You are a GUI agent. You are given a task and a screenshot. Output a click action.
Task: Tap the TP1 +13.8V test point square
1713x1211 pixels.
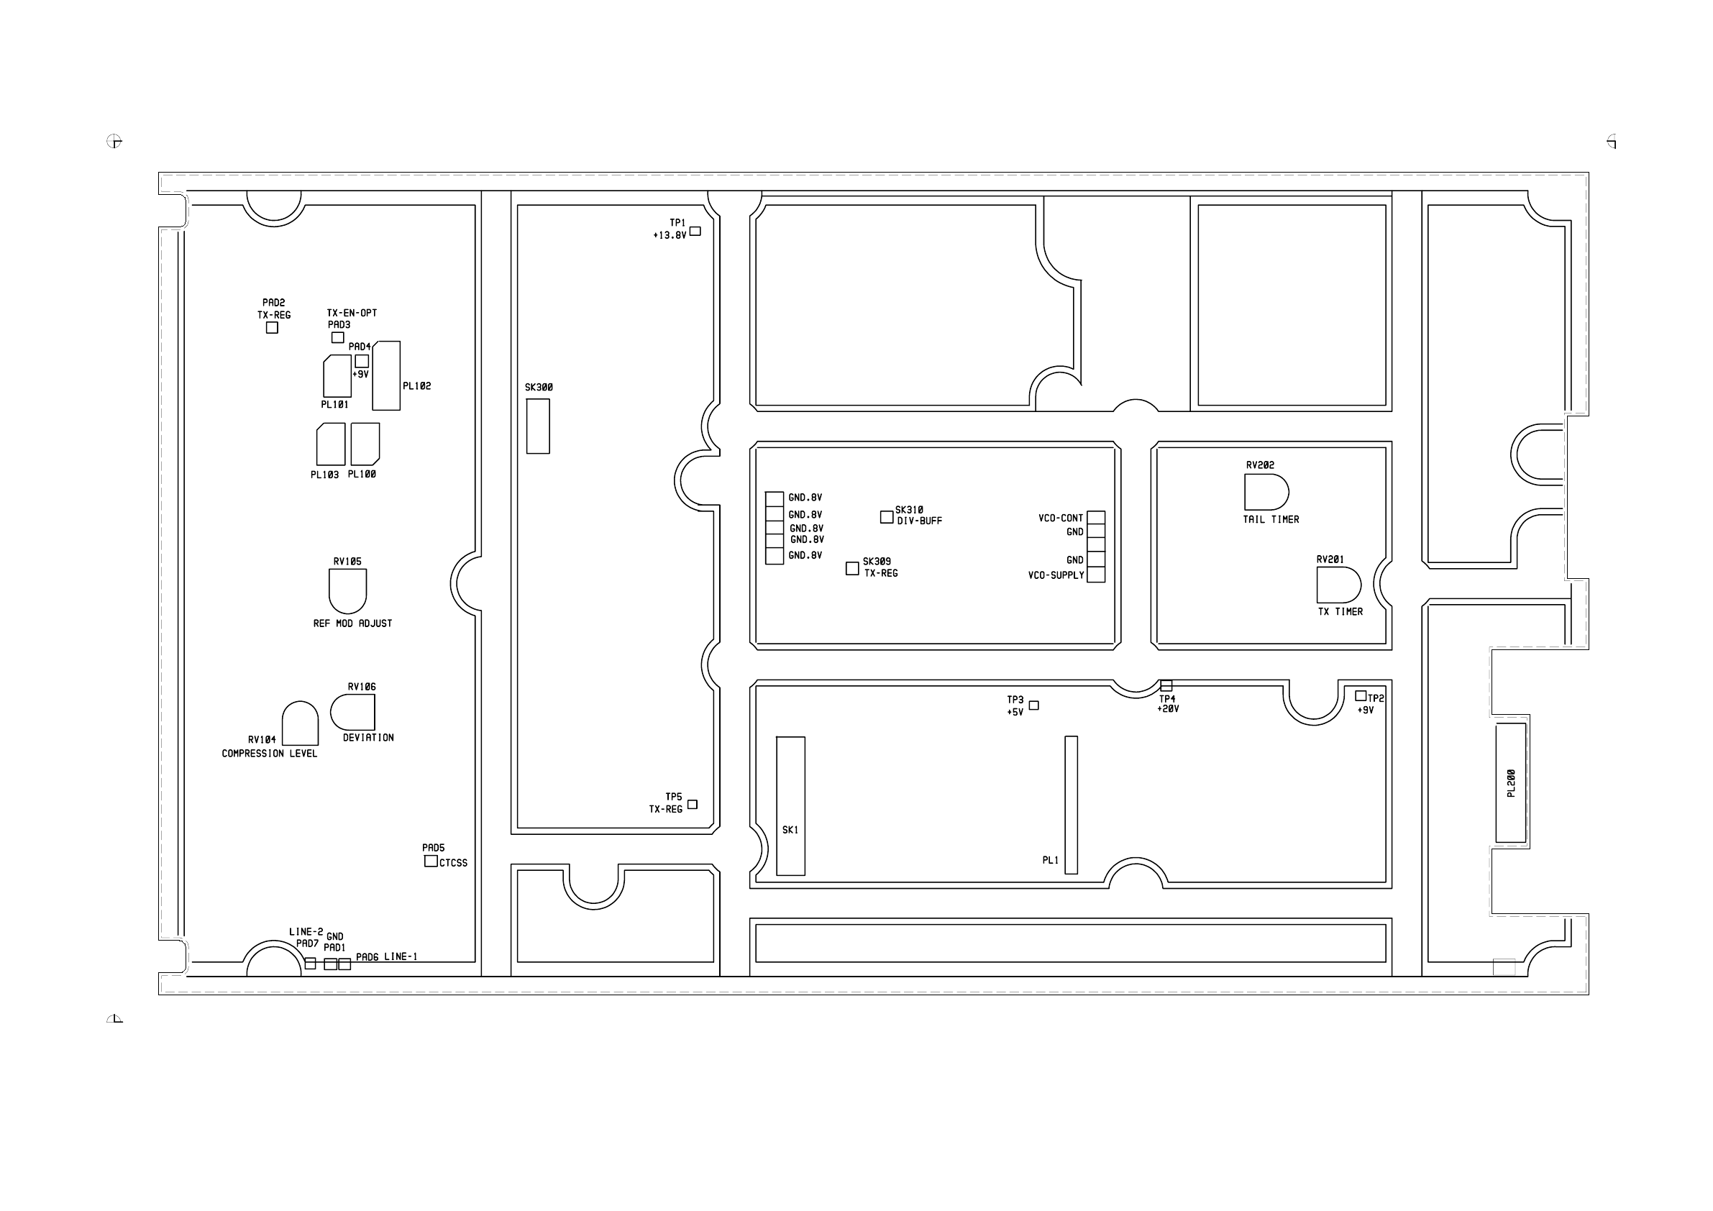[695, 232]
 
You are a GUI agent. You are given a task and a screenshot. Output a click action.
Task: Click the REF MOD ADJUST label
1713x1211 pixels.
[352, 623]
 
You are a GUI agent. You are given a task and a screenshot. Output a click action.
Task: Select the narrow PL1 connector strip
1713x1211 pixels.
[1072, 805]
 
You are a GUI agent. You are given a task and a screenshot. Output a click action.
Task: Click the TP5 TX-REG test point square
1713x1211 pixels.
[693, 805]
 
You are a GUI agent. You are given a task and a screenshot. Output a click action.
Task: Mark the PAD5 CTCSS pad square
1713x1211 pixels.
[431, 861]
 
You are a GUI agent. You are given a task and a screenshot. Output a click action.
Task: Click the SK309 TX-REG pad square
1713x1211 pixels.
[853, 569]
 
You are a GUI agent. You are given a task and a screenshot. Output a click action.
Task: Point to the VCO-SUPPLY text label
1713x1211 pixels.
[1056, 575]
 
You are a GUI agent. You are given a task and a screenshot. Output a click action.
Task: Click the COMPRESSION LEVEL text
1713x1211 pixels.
[270, 754]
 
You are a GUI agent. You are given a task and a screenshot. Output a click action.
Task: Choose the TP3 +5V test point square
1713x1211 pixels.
[1034, 705]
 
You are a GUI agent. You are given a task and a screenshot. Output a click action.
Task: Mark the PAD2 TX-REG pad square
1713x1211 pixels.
[273, 327]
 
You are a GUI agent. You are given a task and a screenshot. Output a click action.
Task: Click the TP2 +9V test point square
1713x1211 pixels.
[1361, 696]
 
